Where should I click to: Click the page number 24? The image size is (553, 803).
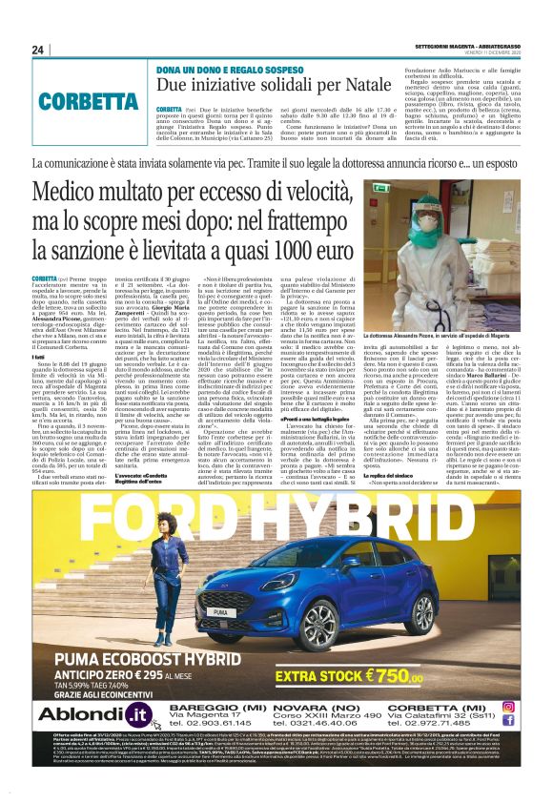(37, 50)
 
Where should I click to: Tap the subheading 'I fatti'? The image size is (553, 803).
(40, 329)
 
